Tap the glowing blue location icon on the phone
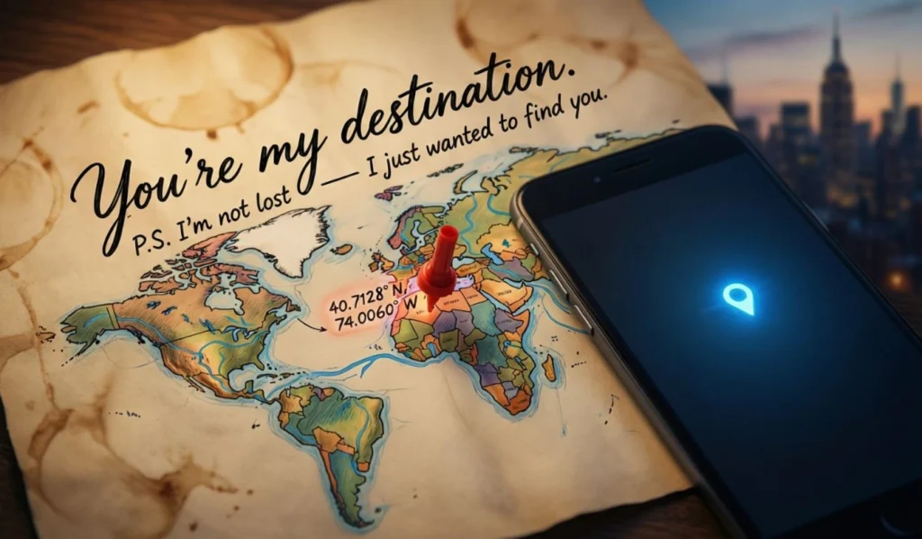(737, 298)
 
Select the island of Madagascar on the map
(548, 367)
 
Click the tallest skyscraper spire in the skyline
(836, 54)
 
